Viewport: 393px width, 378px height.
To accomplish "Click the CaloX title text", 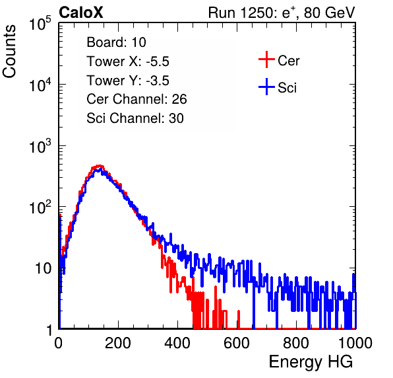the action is point(81,13).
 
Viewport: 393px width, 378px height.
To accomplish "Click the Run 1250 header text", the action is point(282,13).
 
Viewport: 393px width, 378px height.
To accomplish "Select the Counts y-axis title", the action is point(9,52).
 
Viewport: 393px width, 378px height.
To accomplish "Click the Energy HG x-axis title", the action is point(311,362).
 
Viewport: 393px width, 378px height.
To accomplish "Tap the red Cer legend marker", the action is point(266,59).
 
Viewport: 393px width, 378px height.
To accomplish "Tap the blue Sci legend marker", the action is point(266,87).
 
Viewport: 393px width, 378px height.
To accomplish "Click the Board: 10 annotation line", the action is point(116,42).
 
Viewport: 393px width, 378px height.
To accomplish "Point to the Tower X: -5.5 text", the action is point(128,61).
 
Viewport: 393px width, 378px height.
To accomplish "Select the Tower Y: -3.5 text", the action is point(128,81).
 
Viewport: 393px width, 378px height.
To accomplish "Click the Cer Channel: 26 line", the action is point(136,99).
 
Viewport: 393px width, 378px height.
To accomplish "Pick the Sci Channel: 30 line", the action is point(135,118).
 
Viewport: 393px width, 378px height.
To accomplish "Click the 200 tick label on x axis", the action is point(118,343).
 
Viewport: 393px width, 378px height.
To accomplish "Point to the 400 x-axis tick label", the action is point(177,343).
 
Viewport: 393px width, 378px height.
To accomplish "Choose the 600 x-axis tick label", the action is point(237,343).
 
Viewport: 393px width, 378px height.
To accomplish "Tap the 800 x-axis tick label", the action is point(296,343).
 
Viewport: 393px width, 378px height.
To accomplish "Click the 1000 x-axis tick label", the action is point(355,343).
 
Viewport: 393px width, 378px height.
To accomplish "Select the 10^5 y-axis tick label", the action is point(40,23).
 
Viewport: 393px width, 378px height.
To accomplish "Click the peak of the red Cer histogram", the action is point(100,166).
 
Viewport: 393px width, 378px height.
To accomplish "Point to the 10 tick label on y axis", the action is point(43,268).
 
